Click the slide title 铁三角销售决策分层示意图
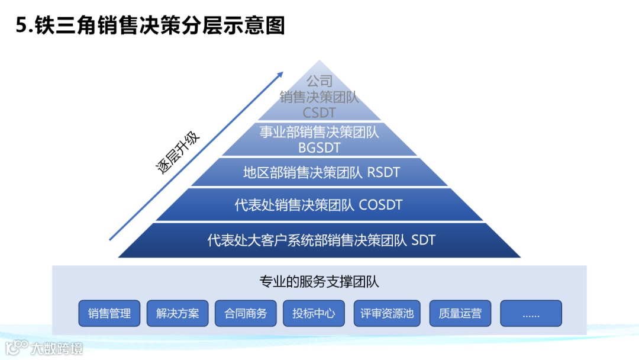pos(160,25)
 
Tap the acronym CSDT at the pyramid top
pos(319,112)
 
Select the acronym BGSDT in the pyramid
pos(319,147)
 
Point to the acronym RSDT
pos(383,173)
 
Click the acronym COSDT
pos(380,205)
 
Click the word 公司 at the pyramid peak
pos(319,81)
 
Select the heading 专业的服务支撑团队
pos(319,282)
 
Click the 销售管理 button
pos(109,313)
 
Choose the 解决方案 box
pos(177,313)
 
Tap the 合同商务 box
pos(246,313)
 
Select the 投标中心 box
pos(314,313)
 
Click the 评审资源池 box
pos(387,313)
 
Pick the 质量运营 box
pos(460,313)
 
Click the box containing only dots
pos(531,313)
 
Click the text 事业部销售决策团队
pos(319,131)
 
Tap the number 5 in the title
pos(22,26)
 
